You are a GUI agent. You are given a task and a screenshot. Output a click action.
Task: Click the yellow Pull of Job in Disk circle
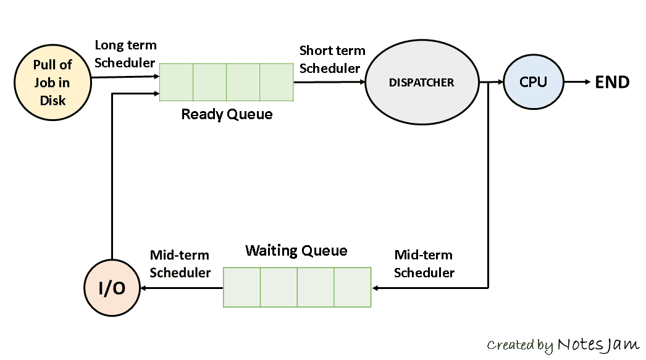(52, 82)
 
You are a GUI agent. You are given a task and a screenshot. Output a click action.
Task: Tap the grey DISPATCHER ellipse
(422, 82)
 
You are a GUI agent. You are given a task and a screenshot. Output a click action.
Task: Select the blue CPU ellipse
(533, 82)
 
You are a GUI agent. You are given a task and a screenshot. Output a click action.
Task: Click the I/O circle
(112, 288)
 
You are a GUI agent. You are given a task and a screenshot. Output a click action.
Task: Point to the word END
(611, 82)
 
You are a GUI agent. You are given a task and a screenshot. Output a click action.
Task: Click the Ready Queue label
(227, 115)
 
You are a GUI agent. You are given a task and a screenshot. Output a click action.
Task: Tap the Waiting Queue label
(296, 251)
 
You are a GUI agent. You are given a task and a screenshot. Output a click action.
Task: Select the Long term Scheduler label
(125, 54)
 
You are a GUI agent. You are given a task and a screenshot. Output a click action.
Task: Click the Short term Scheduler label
(332, 59)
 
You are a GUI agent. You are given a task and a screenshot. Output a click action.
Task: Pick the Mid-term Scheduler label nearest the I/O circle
(180, 264)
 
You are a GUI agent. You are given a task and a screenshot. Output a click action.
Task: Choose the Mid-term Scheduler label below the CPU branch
(424, 264)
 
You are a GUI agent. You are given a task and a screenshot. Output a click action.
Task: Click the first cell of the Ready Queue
(177, 82)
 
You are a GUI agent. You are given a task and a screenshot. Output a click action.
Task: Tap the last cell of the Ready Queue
(277, 82)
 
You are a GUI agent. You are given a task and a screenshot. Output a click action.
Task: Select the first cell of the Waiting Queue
(241, 287)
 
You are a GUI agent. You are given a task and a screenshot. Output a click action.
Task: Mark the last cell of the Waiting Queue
(353, 287)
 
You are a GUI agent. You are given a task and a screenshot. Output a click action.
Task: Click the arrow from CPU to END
(577, 82)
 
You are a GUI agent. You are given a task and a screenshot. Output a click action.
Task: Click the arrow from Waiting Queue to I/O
(182, 288)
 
